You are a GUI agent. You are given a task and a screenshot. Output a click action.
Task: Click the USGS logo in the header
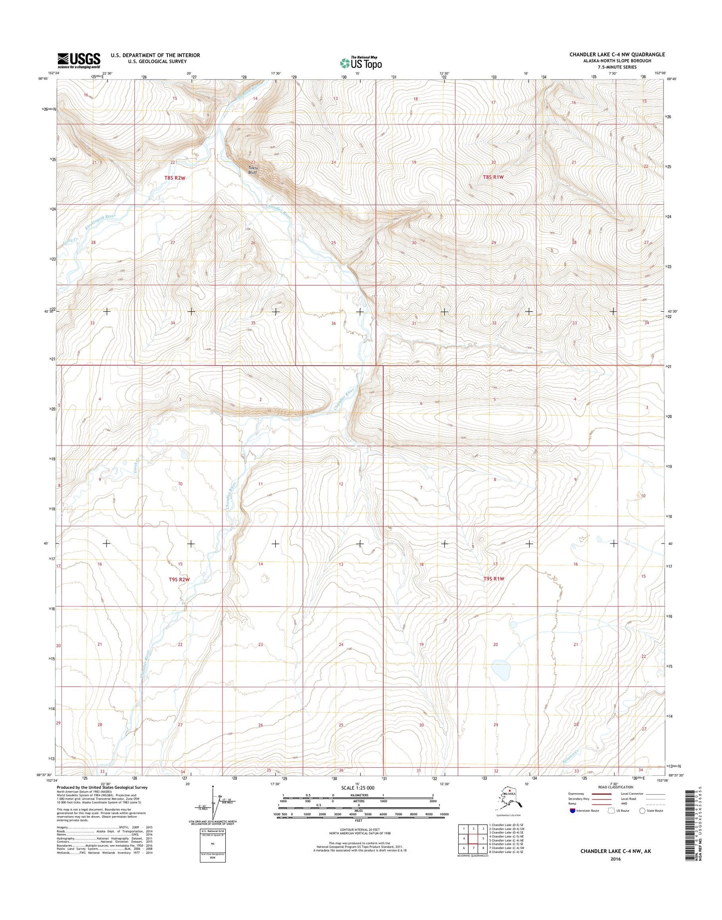[x=78, y=60]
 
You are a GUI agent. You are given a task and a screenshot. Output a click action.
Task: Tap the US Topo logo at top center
[x=361, y=63]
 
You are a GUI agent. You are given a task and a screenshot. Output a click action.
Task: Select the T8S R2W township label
[x=175, y=178]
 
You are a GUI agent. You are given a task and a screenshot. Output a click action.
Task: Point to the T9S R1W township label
[x=494, y=579]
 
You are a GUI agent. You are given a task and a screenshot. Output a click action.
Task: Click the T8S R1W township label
[x=493, y=177]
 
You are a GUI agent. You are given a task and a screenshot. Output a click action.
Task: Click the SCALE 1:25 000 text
[x=357, y=788]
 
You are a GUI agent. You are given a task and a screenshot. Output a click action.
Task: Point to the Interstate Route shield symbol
[x=572, y=811]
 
